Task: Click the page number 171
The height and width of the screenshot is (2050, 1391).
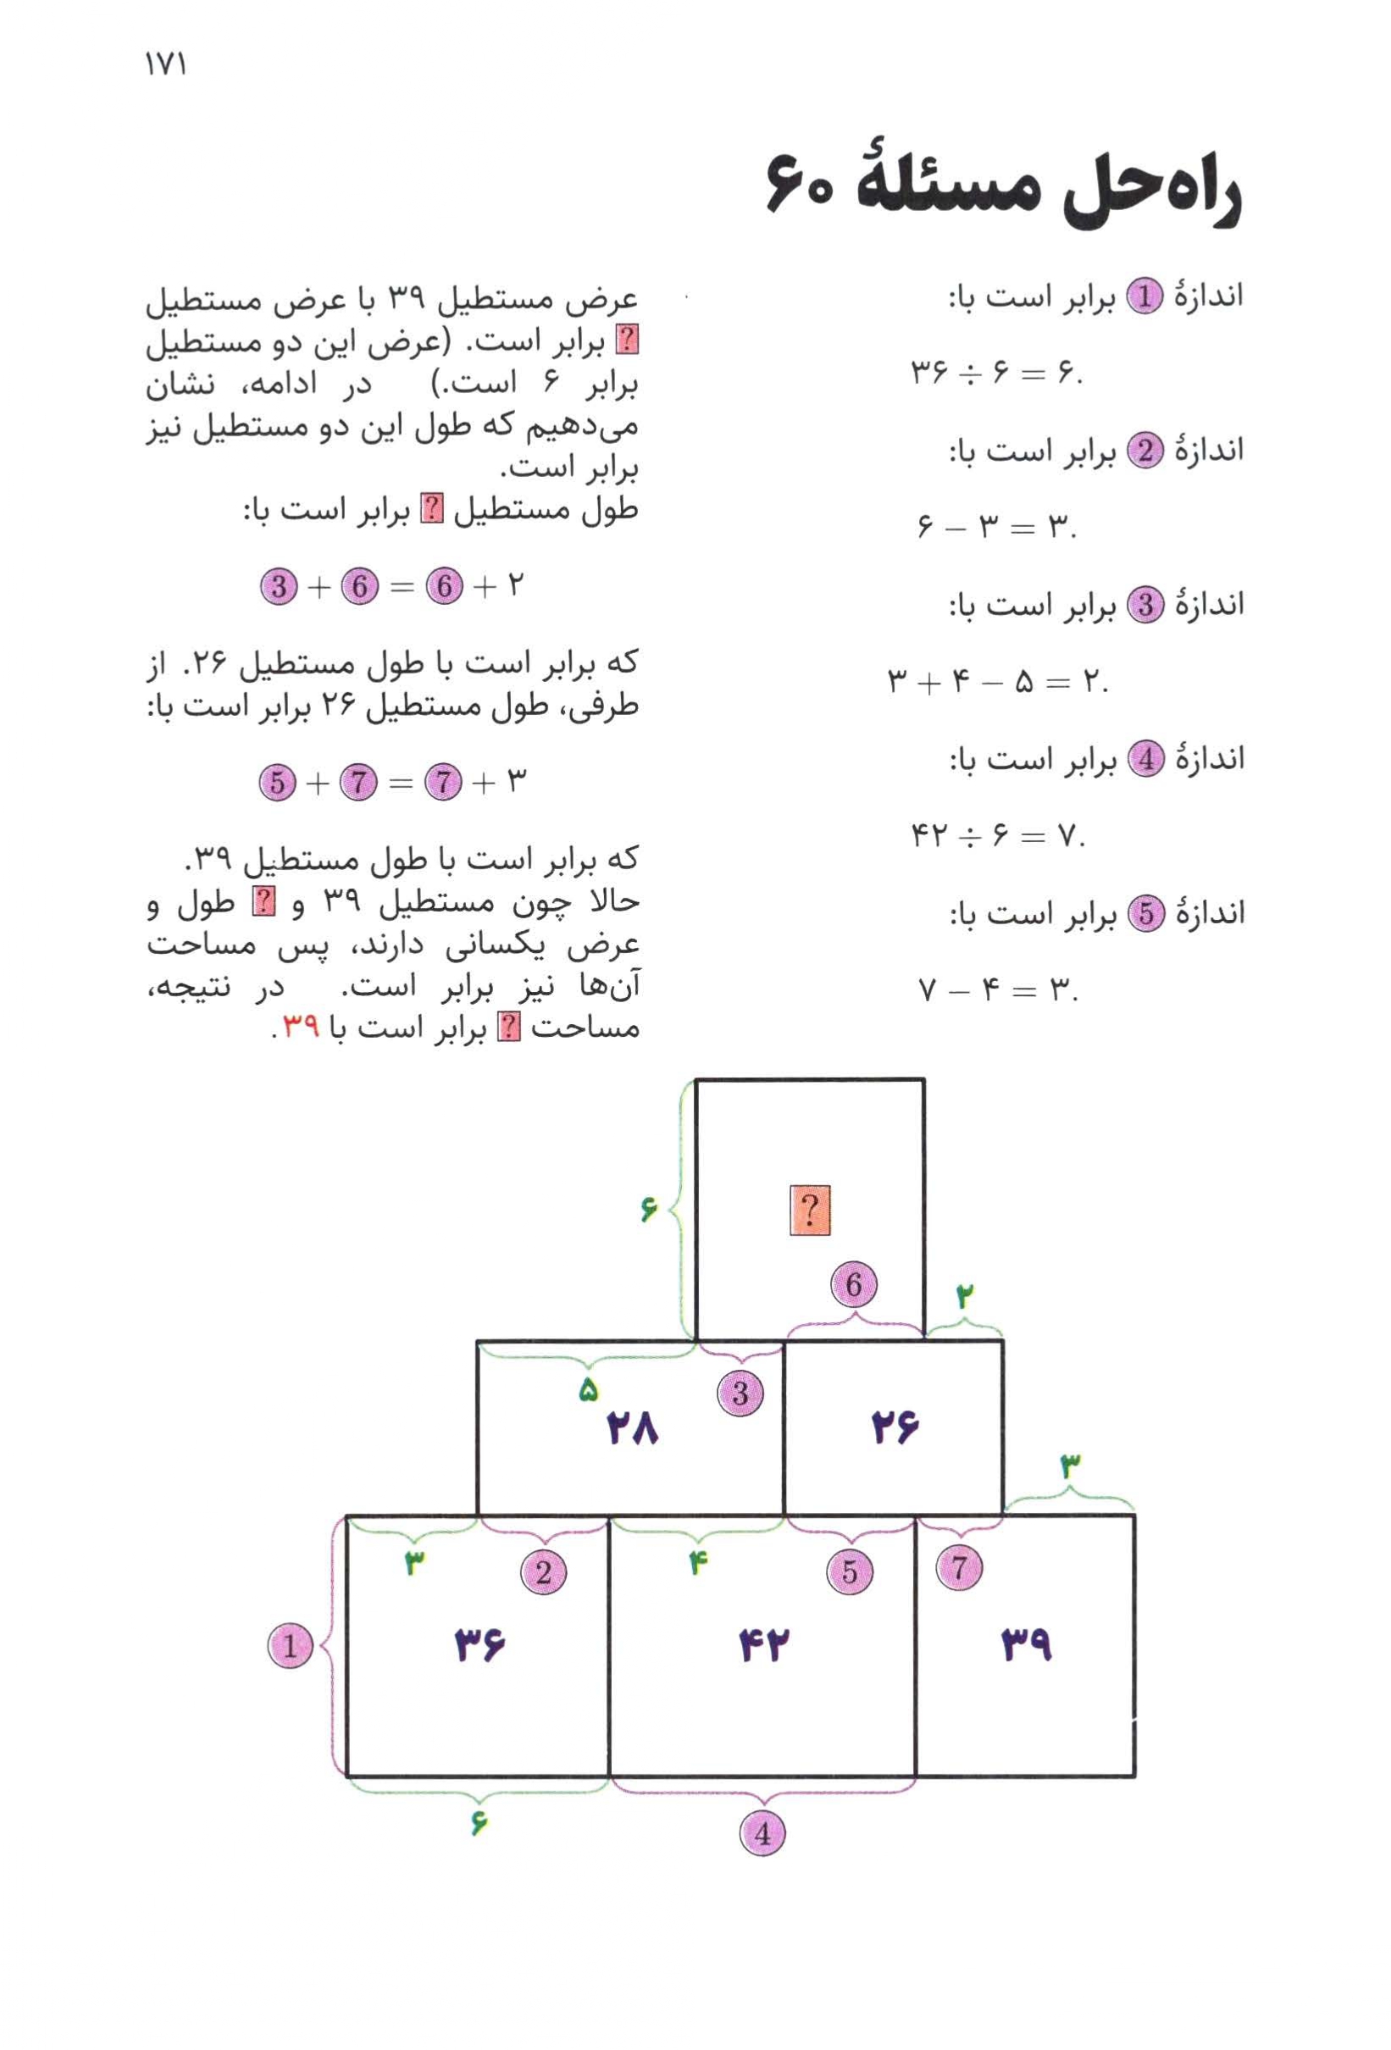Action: point(165,64)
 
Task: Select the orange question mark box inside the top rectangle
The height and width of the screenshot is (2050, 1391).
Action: point(809,1210)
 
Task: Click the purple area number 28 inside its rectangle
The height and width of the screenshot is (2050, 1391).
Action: point(633,1428)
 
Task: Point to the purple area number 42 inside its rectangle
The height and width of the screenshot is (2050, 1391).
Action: point(764,1645)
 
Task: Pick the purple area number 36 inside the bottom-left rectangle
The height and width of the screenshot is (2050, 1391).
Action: point(479,1645)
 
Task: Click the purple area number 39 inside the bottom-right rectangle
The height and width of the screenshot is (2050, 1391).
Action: point(1026,1645)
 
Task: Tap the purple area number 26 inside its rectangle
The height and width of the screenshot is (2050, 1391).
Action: point(895,1428)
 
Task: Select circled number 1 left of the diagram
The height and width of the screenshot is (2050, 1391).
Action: point(291,1646)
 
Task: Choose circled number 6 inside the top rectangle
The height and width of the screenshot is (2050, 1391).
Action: point(853,1284)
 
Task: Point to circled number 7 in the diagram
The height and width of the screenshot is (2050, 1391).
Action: point(959,1567)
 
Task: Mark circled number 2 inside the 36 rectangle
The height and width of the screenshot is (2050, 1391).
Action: point(543,1572)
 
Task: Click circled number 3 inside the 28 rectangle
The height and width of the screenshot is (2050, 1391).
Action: point(740,1393)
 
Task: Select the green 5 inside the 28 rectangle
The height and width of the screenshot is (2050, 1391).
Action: point(588,1390)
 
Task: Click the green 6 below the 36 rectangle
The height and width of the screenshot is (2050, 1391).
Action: point(478,1822)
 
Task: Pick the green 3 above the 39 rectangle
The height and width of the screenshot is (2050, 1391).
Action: point(1069,1467)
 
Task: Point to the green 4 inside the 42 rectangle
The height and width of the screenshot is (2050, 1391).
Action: point(698,1564)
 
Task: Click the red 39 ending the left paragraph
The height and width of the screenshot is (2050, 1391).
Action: point(301,1027)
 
